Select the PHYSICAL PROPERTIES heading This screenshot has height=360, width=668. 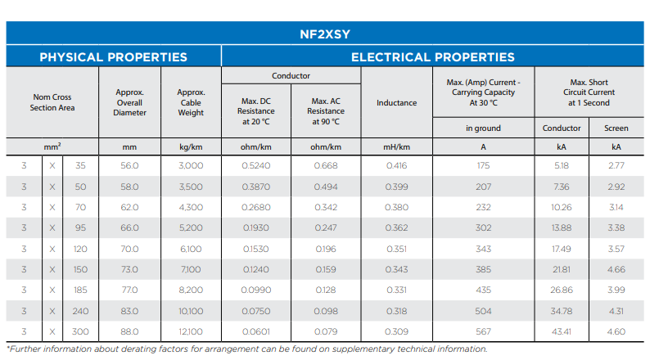(x=114, y=57)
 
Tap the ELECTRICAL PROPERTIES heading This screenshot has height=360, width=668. (x=432, y=57)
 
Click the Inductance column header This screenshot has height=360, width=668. (x=396, y=103)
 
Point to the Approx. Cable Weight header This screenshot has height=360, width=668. (x=191, y=103)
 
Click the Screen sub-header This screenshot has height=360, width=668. (x=616, y=128)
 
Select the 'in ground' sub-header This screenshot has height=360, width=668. (x=483, y=128)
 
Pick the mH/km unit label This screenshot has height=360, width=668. (x=396, y=147)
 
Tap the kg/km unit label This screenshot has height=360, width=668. (x=191, y=147)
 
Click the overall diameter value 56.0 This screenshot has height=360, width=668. (x=129, y=165)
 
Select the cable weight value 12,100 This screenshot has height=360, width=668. (x=191, y=331)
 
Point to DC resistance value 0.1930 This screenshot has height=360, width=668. (x=255, y=227)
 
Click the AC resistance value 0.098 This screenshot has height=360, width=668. (x=325, y=311)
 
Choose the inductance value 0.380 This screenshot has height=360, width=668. (x=396, y=207)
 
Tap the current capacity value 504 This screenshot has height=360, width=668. (x=483, y=311)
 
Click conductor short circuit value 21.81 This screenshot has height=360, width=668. (x=562, y=269)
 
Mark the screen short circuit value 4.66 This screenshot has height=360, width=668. (x=616, y=269)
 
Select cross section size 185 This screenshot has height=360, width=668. (x=79, y=290)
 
